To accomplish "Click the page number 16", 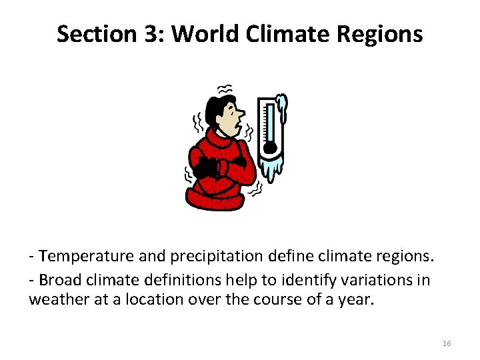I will tap(447, 343).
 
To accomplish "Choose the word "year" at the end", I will tap(355, 300).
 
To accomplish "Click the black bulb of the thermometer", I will tap(269, 147).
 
